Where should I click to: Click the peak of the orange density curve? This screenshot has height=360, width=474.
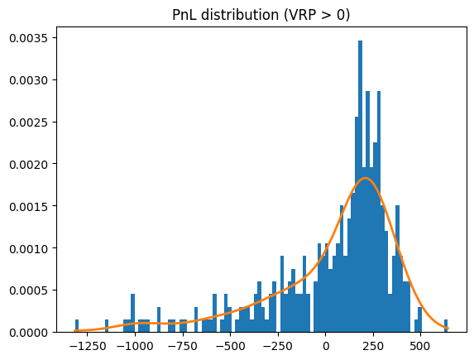pyautogui.click(x=365, y=178)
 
